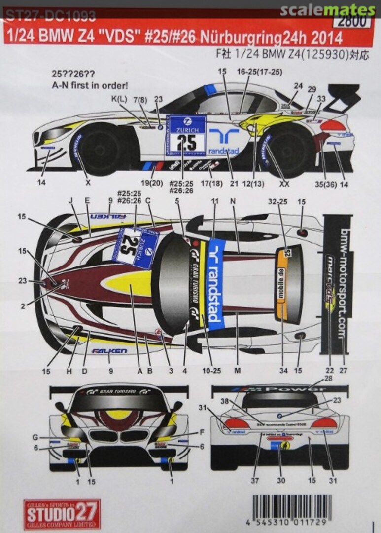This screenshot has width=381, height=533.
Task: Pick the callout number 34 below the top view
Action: (x=282, y=370)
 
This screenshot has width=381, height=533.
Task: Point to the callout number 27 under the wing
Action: (x=344, y=370)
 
